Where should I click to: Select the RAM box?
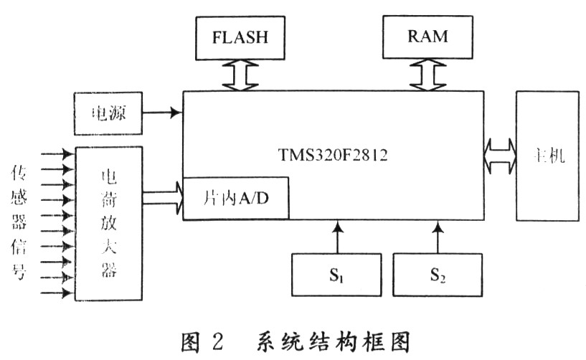[429, 36]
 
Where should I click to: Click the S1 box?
[336, 275]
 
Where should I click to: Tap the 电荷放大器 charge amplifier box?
[109, 223]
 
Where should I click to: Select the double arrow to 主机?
[500, 155]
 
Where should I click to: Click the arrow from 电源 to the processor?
[162, 113]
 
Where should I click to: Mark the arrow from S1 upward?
[336, 237]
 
